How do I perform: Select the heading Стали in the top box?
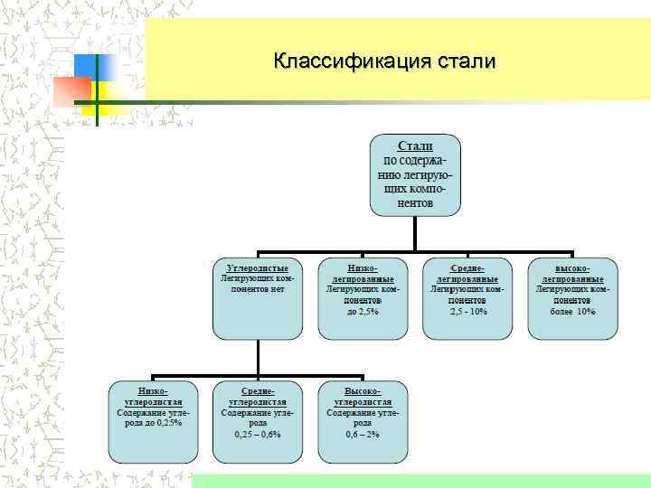point(415,145)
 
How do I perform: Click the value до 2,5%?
point(363,311)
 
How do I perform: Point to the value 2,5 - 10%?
point(468,311)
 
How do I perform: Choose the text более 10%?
point(573,311)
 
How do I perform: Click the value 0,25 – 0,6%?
point(258,434)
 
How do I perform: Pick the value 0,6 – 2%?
point(363,434)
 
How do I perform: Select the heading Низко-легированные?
point(363,274)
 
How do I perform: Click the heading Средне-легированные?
point(468,274)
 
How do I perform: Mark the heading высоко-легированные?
point(573,274)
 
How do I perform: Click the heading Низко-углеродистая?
point(152,396)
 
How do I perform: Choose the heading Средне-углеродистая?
point(258,396)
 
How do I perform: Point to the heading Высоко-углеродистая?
point(363,396)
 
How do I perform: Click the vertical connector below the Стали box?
point(415,233)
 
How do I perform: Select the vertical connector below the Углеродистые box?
point(258,357)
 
